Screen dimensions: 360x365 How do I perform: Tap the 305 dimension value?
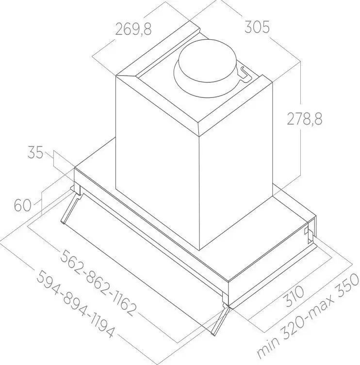(x=257, y=27)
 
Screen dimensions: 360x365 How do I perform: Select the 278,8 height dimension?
(x=305, y=118)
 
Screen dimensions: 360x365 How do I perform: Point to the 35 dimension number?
(x=35, y=153)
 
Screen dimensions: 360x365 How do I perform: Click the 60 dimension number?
(x=23, y=206)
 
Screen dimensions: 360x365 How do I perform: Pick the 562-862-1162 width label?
(x=98, y=283)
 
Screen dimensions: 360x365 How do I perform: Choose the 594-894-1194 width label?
(x=76, y=304)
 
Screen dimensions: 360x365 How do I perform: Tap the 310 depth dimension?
(x=295, y=296)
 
